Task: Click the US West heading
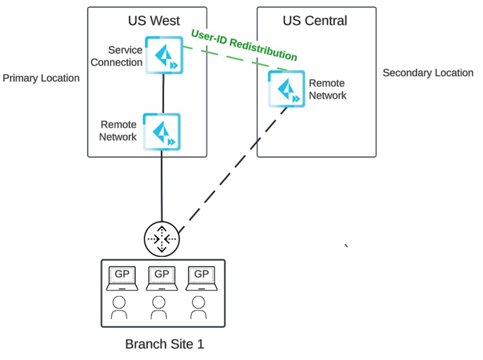153,21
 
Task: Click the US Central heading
315,21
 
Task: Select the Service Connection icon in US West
164,55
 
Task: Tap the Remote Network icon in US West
162,133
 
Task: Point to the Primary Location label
41,79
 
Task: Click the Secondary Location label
428,73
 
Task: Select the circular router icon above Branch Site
161,239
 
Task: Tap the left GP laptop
122,277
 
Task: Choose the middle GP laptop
162,277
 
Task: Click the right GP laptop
202,277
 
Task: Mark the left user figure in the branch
120,308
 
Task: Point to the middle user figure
159,308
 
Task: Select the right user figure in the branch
199,308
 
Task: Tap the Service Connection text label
117,56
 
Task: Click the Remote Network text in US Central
328,90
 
